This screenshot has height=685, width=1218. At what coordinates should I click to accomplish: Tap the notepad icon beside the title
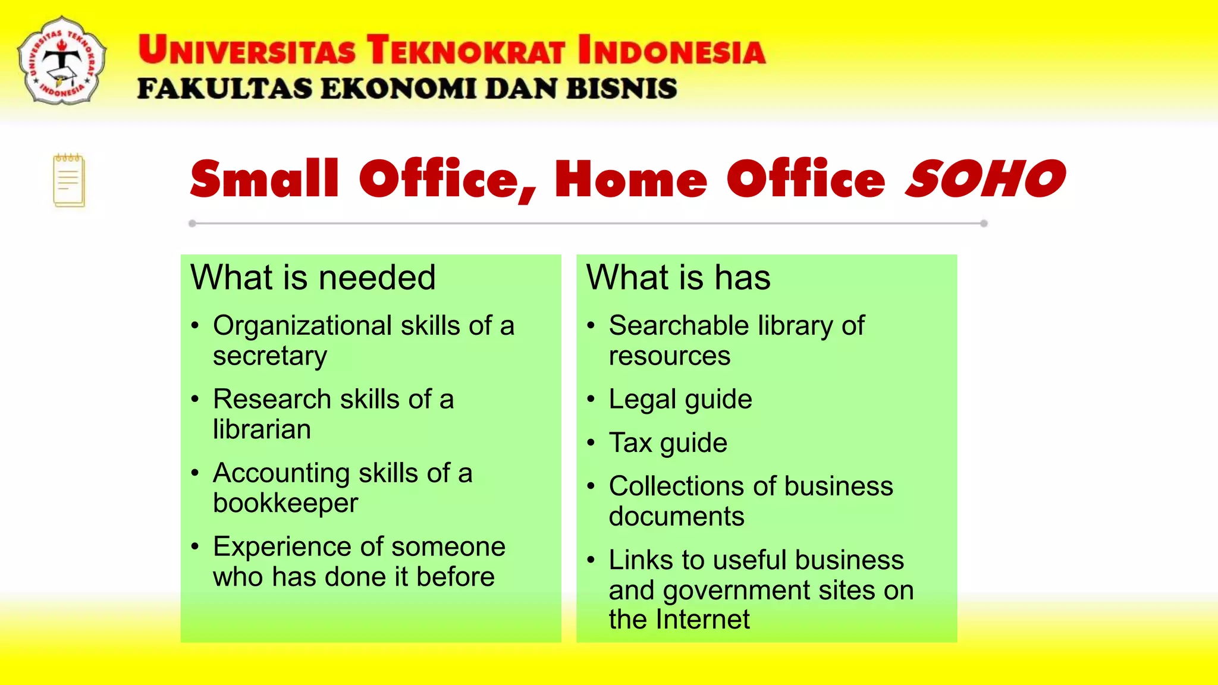click(x=69, y=181)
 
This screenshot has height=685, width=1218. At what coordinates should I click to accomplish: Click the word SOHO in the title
click(x=985, y=179)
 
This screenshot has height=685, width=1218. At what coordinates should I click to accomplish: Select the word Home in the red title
click(x=630, y=179)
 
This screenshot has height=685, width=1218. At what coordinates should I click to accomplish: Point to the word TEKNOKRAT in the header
click(x=465, y=50)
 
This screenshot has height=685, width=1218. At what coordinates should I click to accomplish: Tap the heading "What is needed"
click(x=313, y=278)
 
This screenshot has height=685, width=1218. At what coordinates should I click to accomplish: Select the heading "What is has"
click(x=678, y=278)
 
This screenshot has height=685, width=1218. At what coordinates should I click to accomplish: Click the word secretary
click(x=270, y=356)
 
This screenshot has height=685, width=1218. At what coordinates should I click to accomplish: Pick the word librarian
click(x=262, y=429)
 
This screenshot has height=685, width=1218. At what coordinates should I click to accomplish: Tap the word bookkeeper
click(x=285, y=503)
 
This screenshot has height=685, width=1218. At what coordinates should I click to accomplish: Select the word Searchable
click(x=679, y=326)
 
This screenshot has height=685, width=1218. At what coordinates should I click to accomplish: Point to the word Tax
click(x=630, y=443)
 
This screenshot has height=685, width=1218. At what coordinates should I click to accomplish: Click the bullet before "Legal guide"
click(x=591, y=399)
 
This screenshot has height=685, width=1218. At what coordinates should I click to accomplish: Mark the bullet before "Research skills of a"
click(x=195, y=399)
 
